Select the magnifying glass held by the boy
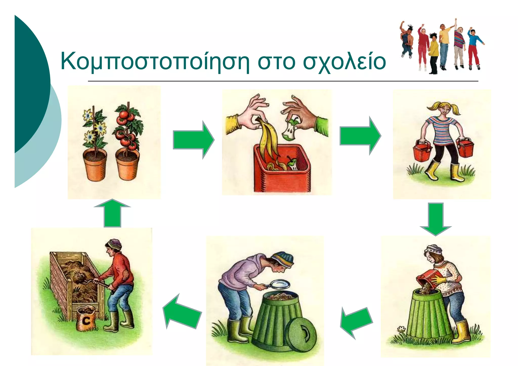pyautogui.click(x=279, y=284)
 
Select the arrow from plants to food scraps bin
pyautogui.click(x=193, y=140)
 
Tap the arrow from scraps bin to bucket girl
pyautogui.click(x=360, y=136)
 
